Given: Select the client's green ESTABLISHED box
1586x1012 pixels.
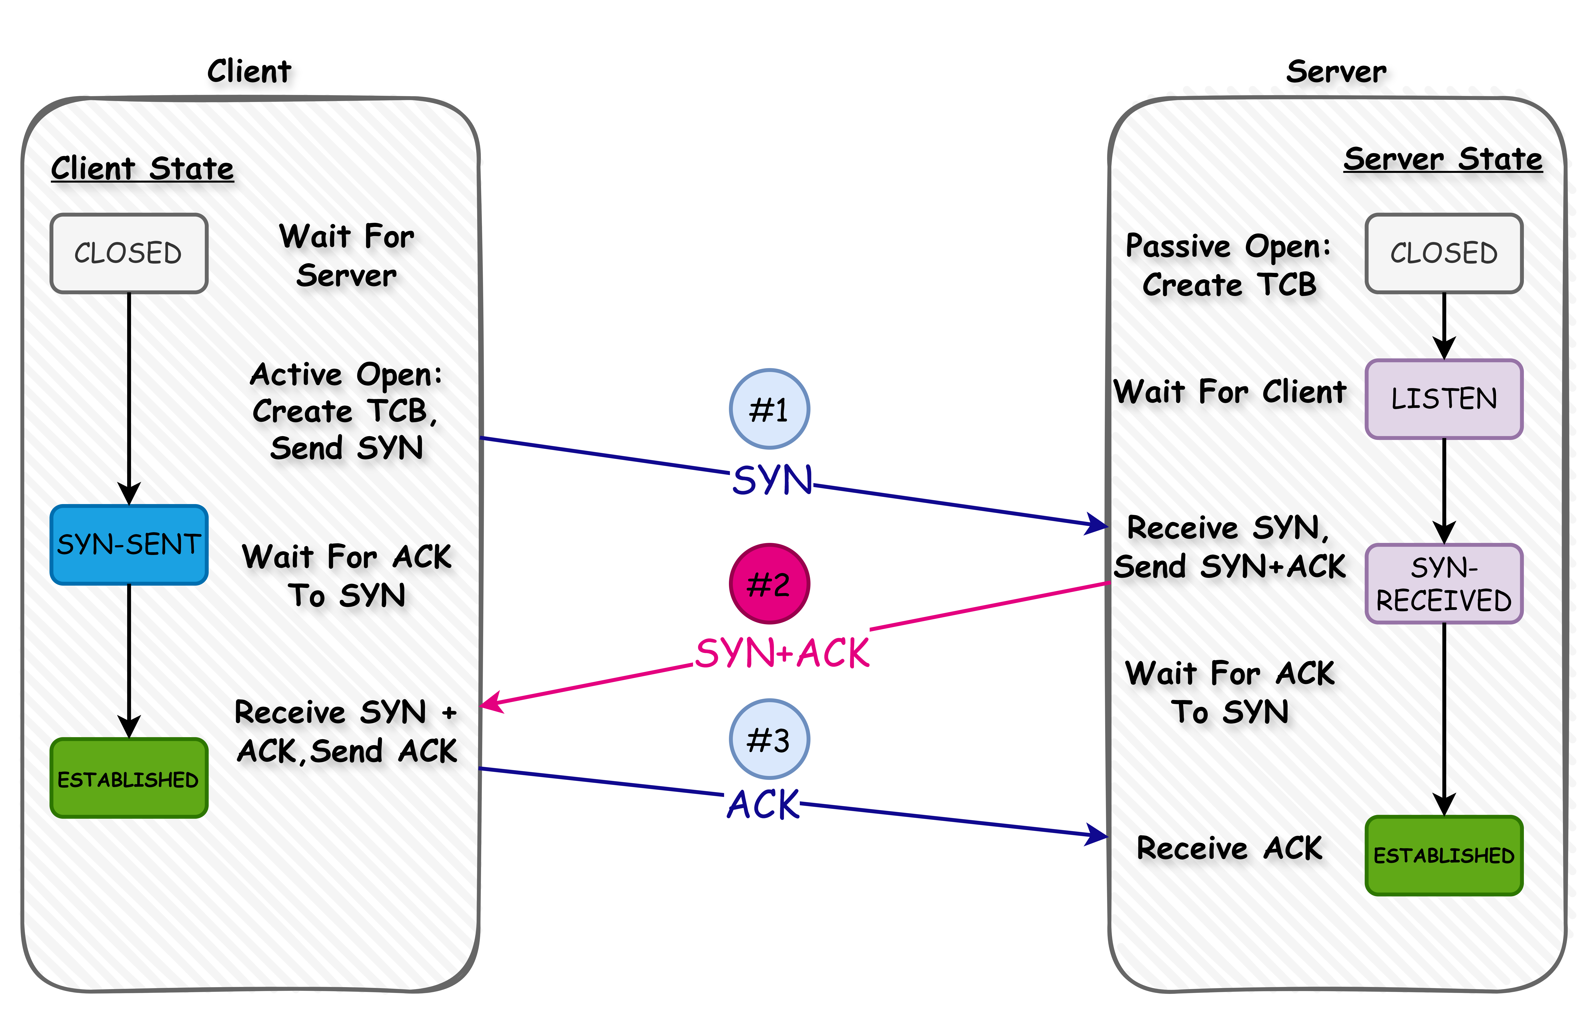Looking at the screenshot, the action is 129,778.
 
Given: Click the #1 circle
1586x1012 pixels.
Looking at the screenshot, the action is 769,409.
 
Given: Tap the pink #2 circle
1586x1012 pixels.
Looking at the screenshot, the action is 769,584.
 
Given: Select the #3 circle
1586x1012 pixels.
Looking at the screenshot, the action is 769,739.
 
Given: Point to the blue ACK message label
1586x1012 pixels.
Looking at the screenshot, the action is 763,805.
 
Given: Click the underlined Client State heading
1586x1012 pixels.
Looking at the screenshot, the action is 142,169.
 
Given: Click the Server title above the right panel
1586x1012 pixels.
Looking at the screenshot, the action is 1336,71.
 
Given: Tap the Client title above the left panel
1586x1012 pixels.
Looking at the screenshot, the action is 249,71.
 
